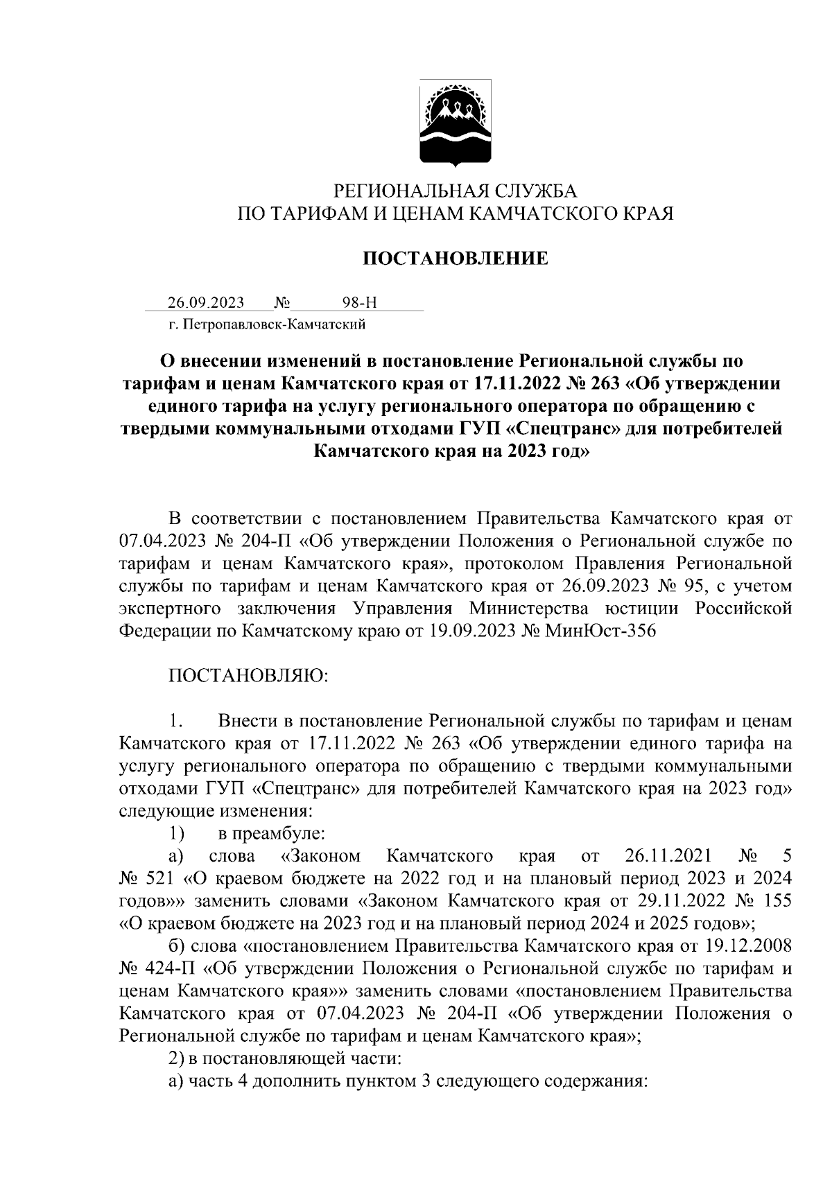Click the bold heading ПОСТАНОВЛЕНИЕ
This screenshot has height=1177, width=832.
click(x=456, y=259)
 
